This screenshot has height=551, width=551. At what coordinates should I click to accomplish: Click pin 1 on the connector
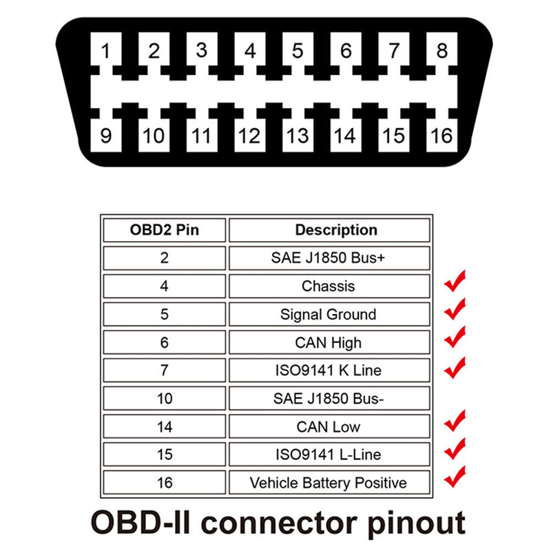click(106, 51)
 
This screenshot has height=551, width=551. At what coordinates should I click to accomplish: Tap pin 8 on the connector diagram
click(441, 51)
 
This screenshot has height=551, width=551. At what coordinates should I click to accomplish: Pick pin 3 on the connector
click(201, 51)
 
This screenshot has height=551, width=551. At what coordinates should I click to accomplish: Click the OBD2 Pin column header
click(164, 230)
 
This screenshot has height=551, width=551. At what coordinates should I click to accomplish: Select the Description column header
click(329, 230)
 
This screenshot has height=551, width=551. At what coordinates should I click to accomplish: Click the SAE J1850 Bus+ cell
click(329, 258)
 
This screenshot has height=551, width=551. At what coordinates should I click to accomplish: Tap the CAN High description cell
click(329, 342)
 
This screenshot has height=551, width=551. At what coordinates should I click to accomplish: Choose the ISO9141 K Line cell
click(329, 371)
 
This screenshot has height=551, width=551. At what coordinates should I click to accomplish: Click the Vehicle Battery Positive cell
click(329, 482)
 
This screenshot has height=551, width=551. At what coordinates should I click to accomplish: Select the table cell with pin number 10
click(164, 398)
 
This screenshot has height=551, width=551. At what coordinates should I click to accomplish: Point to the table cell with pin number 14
click(164, 426)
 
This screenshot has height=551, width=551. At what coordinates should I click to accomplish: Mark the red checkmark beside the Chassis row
click(455, 282)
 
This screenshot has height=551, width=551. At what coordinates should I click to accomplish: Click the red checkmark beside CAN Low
click(455, 422)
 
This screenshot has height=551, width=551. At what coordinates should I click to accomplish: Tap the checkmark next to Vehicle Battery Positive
click(455, 477)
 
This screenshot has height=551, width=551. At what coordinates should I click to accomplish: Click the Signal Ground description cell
click(329, 314)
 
